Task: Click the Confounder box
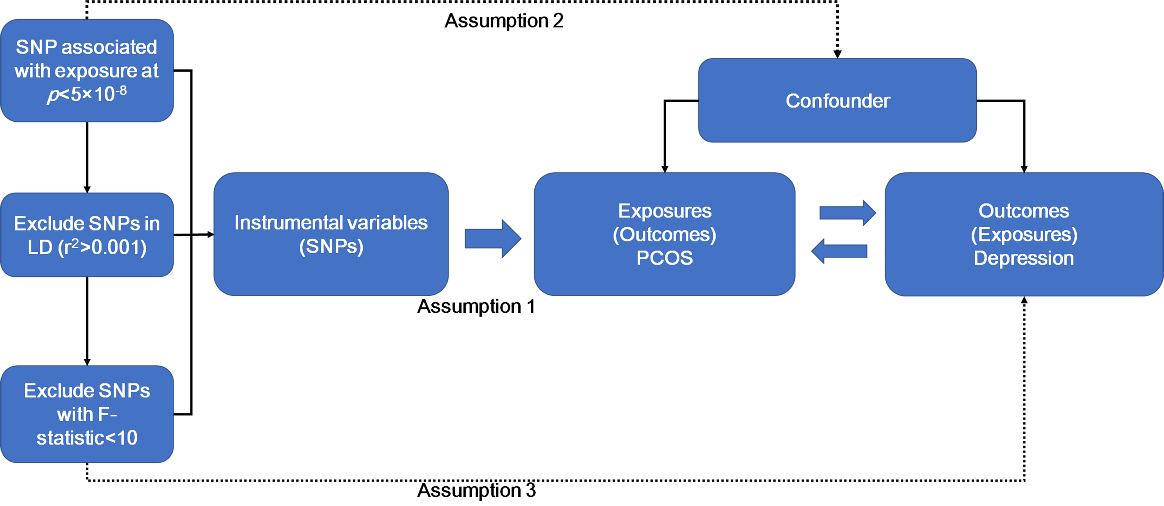click(837, 100)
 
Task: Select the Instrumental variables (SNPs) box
click(331, 234)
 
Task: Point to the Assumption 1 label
click(476, 306)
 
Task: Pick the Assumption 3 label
click(476, 490)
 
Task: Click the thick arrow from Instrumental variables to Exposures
click(493, 239)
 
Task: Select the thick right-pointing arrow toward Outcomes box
click(848, 213)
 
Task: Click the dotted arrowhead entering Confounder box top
click(837, 54)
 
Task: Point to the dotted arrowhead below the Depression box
click(1024, 300)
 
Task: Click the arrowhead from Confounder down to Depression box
click(1024, 169)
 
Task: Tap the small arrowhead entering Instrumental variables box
click(211, 234)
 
